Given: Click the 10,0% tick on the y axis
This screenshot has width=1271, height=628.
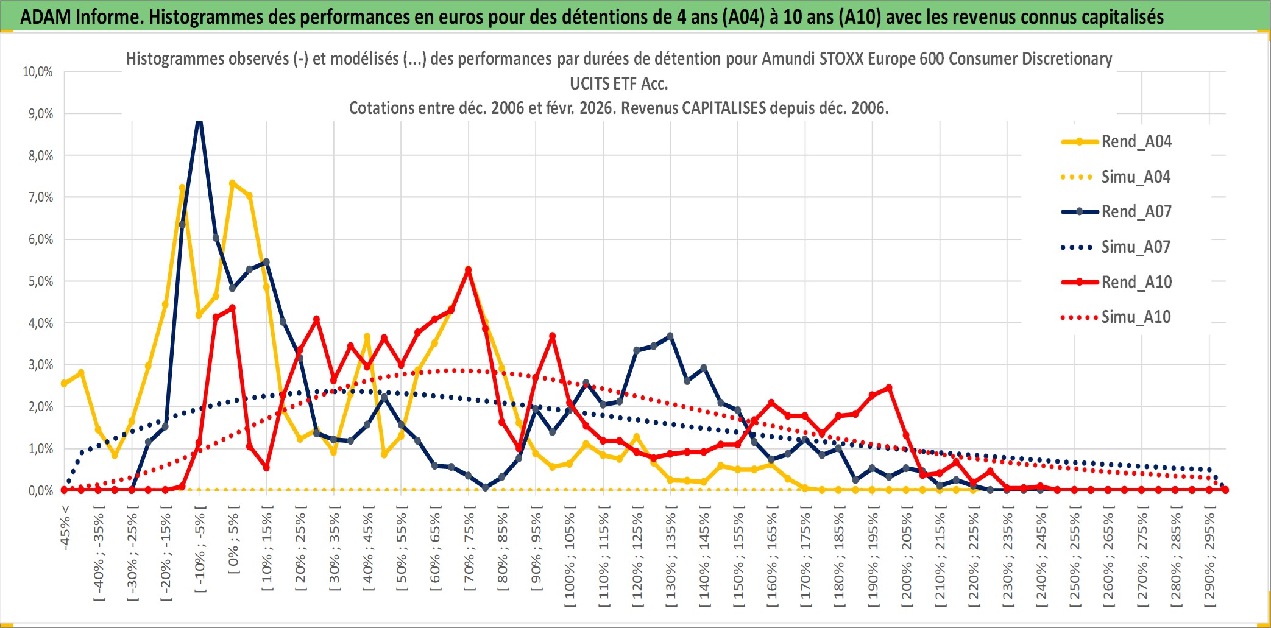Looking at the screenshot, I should point(38,72).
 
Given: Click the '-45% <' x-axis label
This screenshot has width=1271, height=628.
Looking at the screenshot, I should point(65,527).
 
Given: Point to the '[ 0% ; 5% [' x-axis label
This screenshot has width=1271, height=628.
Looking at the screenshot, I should point(233,540).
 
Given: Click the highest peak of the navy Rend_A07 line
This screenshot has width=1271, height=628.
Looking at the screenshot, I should point(199,122).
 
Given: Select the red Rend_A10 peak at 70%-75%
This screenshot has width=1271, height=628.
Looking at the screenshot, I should point(468,270).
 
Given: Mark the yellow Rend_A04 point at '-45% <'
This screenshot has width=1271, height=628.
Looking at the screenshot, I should point(64,384).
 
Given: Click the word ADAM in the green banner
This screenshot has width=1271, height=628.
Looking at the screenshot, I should point(46,16).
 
